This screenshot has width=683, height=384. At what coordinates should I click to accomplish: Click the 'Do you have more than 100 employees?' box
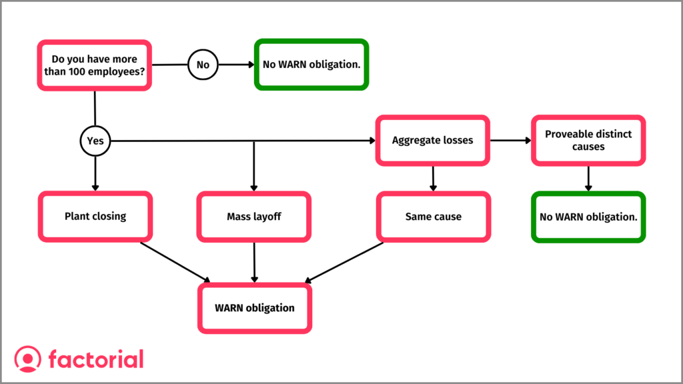(95, 65)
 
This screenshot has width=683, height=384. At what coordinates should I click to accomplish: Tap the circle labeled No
(203, 65)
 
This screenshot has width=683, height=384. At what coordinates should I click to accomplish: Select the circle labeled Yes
(95, 141)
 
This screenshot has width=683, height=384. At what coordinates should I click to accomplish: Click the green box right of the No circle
(311, 65)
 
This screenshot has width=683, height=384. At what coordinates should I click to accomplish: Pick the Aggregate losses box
(432, 141)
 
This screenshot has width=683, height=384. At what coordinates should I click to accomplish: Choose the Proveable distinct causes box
(588, 141)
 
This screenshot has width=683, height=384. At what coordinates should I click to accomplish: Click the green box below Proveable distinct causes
(588, 217)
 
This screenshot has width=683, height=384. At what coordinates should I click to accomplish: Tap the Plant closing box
(95, 217)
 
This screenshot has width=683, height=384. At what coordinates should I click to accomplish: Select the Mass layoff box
(254, 217)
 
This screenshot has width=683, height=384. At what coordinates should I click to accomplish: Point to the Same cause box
(433, 217)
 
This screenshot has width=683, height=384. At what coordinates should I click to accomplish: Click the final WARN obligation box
(254, 308)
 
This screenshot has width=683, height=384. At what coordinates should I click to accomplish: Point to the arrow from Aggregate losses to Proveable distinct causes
(510, 141)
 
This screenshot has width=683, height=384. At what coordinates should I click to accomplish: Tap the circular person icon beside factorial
(27, 359)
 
